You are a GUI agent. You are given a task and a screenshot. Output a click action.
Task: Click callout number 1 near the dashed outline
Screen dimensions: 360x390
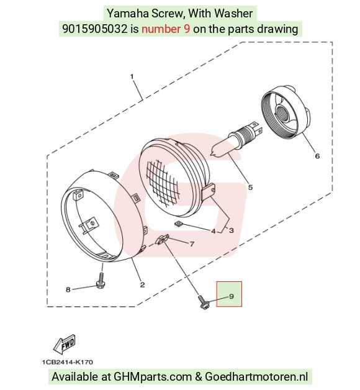coord(132,76)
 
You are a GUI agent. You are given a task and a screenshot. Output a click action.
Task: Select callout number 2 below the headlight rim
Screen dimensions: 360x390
coord(143,284)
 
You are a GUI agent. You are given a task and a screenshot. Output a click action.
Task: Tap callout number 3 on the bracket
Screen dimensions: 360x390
coord(232,230)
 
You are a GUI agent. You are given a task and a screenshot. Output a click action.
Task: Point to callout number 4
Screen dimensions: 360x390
coord(214,231)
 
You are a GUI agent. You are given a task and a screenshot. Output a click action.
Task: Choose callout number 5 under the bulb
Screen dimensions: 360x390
coord(250,188)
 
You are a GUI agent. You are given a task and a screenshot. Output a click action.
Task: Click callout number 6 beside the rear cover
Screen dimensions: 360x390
coord(317,156)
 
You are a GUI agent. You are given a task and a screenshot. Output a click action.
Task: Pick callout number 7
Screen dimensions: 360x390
coord(192,244)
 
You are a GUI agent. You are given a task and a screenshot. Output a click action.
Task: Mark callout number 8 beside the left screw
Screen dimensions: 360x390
coord(68,289)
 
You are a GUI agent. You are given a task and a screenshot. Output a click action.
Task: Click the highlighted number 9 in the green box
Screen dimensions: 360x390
coord(232,296)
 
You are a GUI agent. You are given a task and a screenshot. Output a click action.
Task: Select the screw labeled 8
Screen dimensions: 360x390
coord(100,281)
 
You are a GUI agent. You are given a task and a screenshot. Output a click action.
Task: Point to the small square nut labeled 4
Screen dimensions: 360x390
coord(178,224)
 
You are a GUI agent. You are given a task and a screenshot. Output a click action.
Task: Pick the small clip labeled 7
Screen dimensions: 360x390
coord(162,239)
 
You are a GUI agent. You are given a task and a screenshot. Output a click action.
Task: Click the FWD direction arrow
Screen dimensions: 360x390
coord(65,345)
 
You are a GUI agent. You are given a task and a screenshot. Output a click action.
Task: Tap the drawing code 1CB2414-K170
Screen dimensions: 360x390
coord(68,362)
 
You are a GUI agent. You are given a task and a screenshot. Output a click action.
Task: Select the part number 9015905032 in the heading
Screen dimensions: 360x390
coord(94,29)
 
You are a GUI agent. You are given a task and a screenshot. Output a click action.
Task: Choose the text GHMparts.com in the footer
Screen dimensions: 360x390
coord(153,376)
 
